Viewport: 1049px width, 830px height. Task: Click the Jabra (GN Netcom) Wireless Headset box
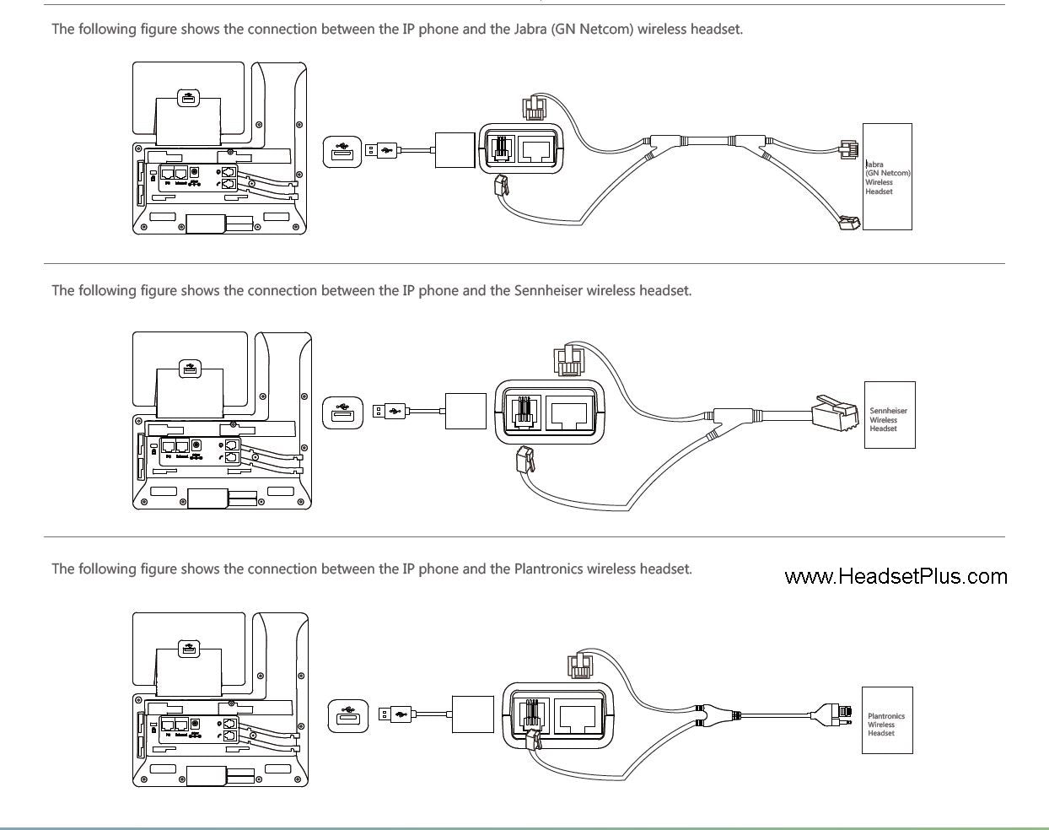pyautogui.click(x=887, y=176)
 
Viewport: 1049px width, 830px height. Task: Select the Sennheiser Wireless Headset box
pyautogui.click(x=890, y=415)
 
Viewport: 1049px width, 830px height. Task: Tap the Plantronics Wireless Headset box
pyautogui.click(x=887, y=720)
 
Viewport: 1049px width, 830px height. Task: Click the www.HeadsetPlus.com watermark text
pyautogui.click(x=896, y=577)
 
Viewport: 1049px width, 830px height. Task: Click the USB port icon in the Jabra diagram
pyautogui.click(x=342, y=151)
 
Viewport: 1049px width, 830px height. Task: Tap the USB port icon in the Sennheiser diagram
pyautogui.click(x=342, y=412)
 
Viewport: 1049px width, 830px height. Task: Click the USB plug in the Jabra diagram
pyautogui.click(x=381, y=151)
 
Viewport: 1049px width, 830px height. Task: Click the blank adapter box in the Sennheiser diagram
pyautogui.click(x=465, y=411)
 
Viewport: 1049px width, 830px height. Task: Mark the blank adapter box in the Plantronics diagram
pyautogui.click(x=472, y=714)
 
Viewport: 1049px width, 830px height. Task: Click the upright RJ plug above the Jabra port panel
pyautogui.click(x=534, y=106)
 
